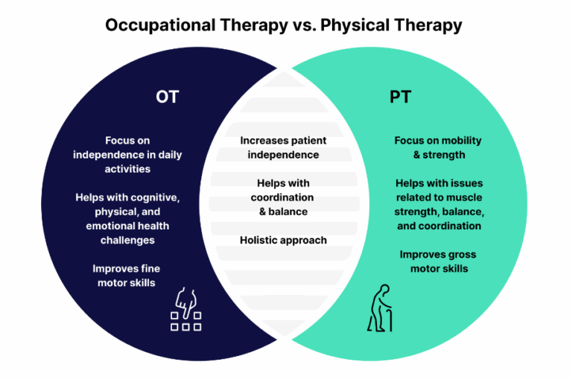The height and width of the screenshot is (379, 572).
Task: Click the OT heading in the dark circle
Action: point(167,97)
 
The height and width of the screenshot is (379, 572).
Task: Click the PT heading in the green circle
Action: point(401,97)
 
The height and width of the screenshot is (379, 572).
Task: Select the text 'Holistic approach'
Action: point(283,240)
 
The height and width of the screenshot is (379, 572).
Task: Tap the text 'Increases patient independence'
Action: point(283,147)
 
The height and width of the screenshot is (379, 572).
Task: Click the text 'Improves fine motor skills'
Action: point(126,275)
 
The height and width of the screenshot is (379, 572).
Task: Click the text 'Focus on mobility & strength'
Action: point(439,147)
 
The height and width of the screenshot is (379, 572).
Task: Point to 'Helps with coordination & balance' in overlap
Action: point(283,197)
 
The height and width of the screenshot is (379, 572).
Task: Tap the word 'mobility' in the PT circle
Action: point(460,140)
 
